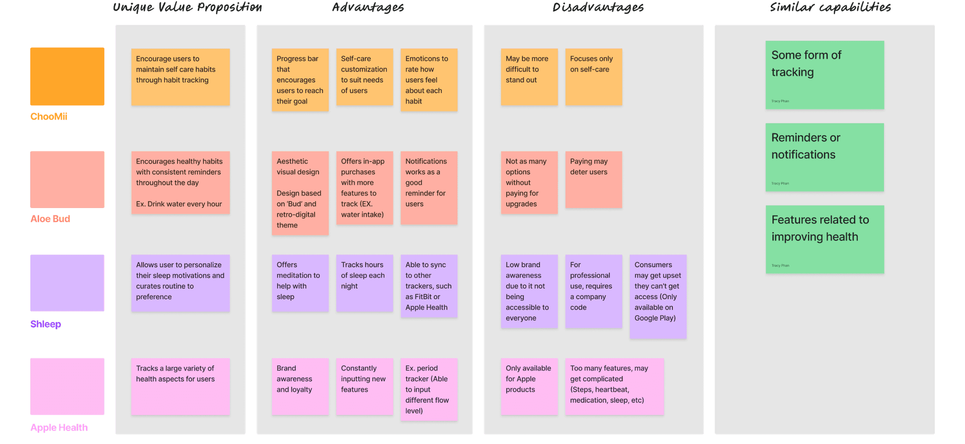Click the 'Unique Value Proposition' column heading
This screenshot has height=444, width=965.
point(187,8)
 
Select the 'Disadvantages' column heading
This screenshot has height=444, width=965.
point(598,8)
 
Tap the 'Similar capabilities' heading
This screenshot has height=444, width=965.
point(830,8)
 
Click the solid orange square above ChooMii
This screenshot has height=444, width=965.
point(67,76)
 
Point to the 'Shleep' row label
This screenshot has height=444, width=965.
point(46,324)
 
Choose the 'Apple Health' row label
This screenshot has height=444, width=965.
point(59,428)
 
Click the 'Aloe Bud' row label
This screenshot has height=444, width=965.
point(50,219)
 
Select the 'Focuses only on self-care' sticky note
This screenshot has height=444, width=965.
point(593,77)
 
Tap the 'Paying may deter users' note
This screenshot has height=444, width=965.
point(593,180)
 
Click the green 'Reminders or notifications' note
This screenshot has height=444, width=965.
point(825,157)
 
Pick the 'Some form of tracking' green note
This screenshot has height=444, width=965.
point(825,75)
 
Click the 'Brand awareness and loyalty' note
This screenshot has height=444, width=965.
point(300,387)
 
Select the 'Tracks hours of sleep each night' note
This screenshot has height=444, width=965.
point(365,283)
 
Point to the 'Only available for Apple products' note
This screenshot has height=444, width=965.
point(529,387)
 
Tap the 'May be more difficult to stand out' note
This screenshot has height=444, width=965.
point(529,77)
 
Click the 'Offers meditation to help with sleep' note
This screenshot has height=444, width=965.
point(300,283)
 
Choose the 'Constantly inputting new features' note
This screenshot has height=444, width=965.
point(365,387)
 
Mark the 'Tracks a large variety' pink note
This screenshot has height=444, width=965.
point(180,387)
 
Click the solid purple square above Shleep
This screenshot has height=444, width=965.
point(67,283)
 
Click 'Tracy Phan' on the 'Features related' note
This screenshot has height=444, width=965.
point(780,265)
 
